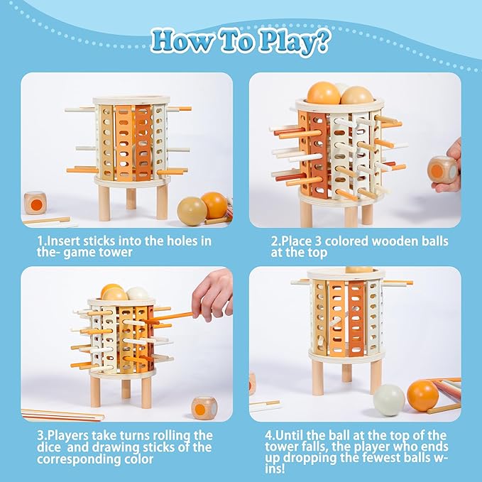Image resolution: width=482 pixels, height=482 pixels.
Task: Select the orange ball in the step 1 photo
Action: [214, 204]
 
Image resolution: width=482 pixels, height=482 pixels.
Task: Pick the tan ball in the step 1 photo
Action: [192, 211]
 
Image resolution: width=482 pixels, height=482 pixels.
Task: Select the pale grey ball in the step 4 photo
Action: [388, 400]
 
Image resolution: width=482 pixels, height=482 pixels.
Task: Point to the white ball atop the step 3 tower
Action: [138, 294]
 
